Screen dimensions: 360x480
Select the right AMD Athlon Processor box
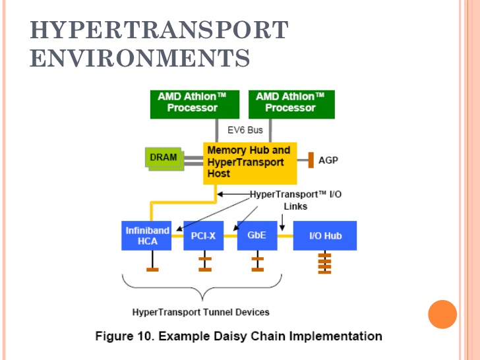tap(290, 103)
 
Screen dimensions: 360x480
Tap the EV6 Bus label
tap(245, 130)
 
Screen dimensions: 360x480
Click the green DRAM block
tap(163, 158)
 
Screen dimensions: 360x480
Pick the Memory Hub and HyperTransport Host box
tap(249, 162)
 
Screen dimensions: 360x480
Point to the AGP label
tap(328, 160)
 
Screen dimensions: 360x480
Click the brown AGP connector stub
tap(309, 160)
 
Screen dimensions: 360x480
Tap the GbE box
tap(256, 235)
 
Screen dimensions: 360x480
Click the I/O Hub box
tap(324, 235)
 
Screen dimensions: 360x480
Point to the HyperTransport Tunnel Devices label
tap(200, 312)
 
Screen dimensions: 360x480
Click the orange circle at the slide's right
tap(442, 314)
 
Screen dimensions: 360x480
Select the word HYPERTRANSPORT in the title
tap(159, 30)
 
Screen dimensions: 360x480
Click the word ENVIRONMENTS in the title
tap(140, 58)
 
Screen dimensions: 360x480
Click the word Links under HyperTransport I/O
tap(295, 206)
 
